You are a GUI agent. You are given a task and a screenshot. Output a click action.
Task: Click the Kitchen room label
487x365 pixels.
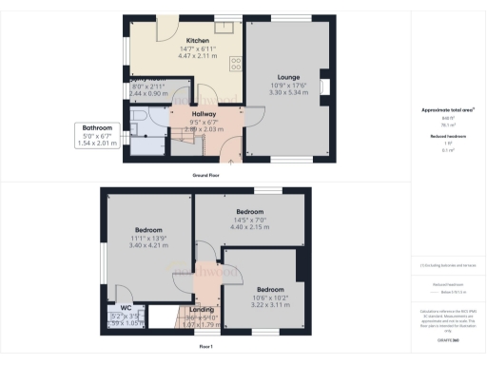pyautogui.click(x=198, y=41)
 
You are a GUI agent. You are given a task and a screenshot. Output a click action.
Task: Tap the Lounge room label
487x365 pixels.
pyautogui.click(x=289, y=76)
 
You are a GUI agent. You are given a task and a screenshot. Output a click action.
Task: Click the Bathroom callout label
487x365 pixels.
pyautogui.click(x=97, y=128)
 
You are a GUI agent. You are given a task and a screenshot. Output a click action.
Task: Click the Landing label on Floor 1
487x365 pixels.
pyautogui.click(x=202, y=309)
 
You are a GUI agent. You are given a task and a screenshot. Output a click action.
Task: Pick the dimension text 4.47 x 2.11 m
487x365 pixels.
pyautogui.click(x=198, y=56)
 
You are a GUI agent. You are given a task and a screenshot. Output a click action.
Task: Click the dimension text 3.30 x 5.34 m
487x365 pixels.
pyautogui.click(x=289, y=93)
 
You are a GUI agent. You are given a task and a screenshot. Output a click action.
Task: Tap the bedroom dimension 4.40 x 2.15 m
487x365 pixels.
pyautogui.click(x=250, y=227)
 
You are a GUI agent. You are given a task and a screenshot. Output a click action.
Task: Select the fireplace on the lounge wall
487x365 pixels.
pyautogui.click(x=326, y=88)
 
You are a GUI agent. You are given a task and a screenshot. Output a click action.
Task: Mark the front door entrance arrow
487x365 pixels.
pyautogui.click(x=228, y=163)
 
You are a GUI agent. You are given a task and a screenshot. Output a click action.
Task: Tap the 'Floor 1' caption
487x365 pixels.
pyautogui.click(x=205, y=347)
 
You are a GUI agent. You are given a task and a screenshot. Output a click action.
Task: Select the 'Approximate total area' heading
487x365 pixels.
pyautogui.click(x=448, y=110)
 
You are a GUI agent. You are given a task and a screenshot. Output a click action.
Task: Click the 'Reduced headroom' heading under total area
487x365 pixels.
pyautogui.click(x=446, y=137)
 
